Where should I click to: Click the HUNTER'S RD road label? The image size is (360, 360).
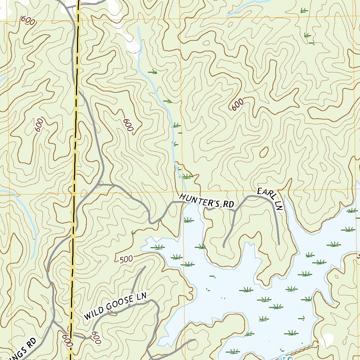pyautogui.click(x=206, y=201)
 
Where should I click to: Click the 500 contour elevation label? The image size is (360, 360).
pyautogui.click(x=126, y=259)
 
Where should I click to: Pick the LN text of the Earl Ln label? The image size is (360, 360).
pyautogui.click(x=278, y=205)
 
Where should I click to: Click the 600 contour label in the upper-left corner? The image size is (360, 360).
pyautogui.click(x=28, y=21)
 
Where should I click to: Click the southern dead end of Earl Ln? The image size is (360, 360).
pyautogui.click(x=278, y=244)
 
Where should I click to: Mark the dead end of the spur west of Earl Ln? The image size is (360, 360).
pyautogui.click(x=224, y=247)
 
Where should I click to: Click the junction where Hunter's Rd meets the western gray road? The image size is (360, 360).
pyautogui.click(x=99, y=184)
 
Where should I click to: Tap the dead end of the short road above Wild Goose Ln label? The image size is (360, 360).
pyautogui.click(x=145, y=267)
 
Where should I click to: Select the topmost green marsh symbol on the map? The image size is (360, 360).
pyautogui.click(x=304, y=11)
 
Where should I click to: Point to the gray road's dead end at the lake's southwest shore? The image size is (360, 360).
pyautogui.click(x=194, y=340)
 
